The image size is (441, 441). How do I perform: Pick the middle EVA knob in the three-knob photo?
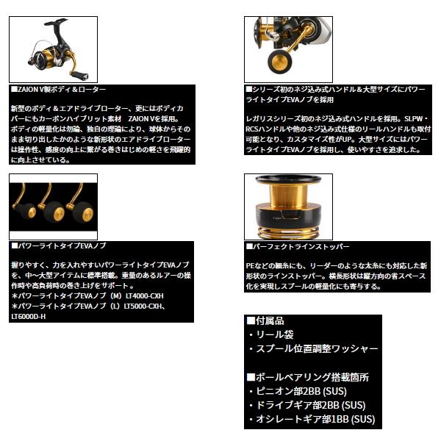pyautogui.click(x=53, y=215)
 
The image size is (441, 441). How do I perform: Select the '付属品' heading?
pyautogui.click(x=265, y=321)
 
